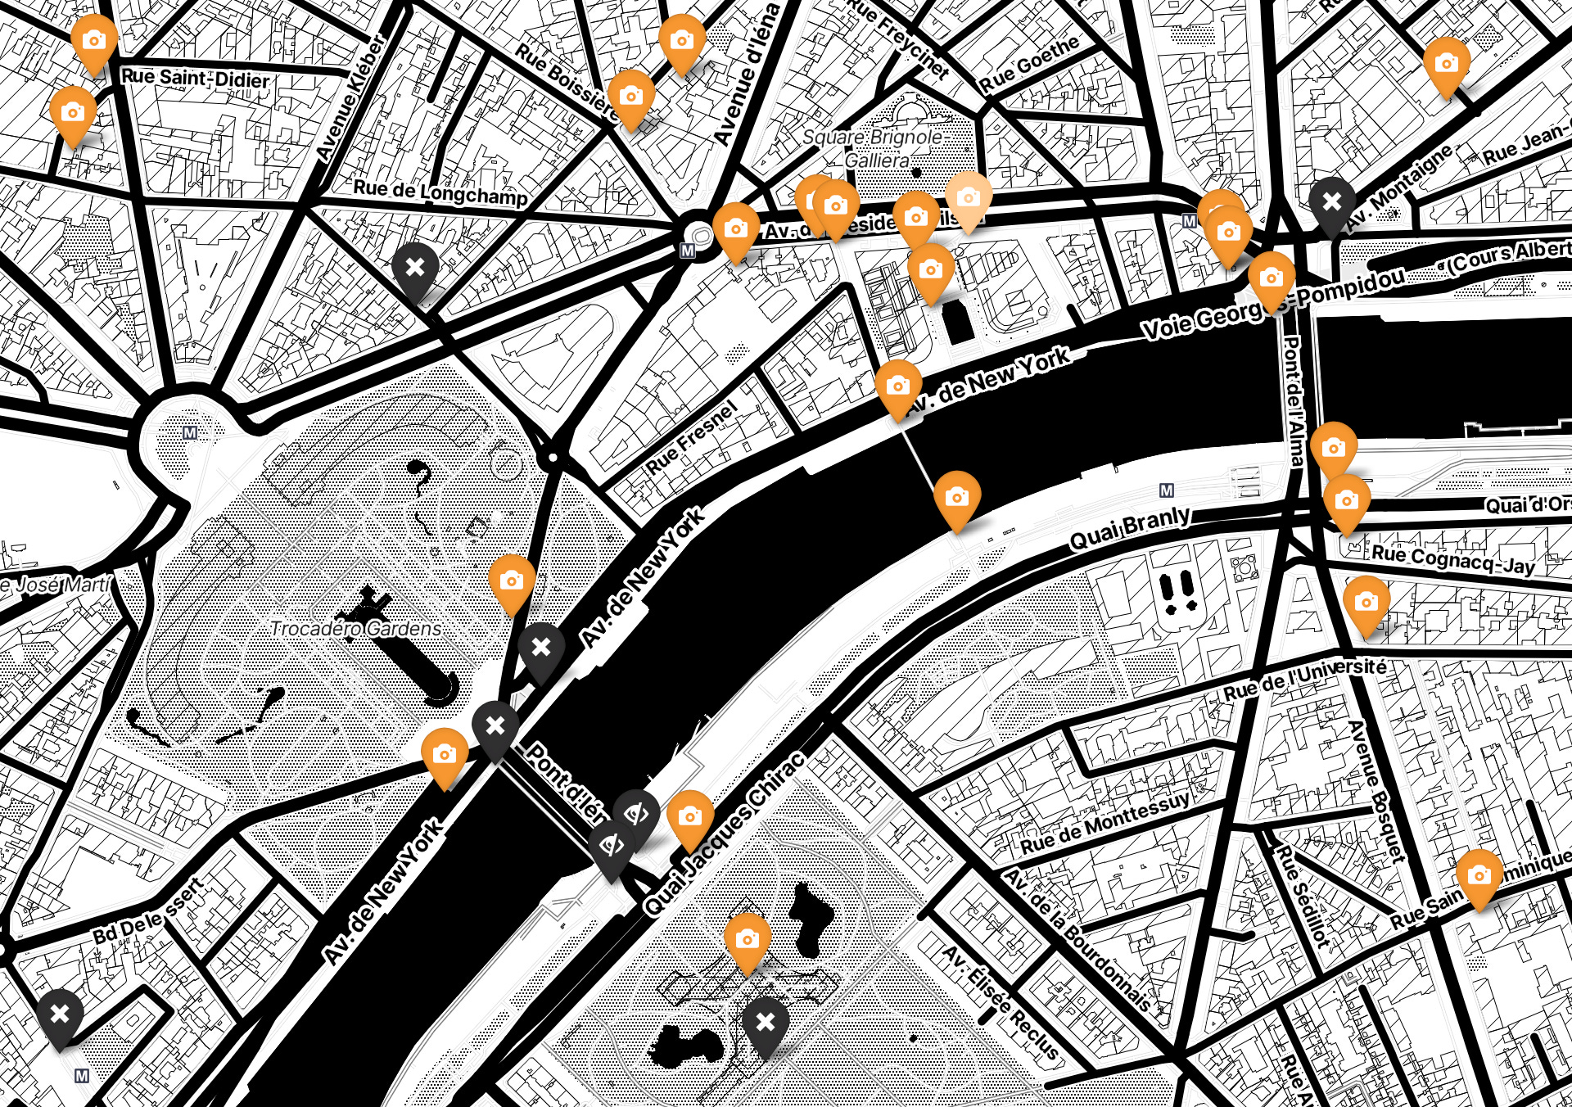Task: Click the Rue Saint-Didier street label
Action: click(195, 79)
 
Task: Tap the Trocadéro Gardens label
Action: click(356, 629)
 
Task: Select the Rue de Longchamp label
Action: click(440, 193)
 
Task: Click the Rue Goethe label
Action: click(1029, 65)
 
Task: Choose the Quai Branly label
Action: click(1130, 527)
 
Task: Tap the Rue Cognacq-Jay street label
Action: click(1453, 560)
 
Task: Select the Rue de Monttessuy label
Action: click(1104, 822)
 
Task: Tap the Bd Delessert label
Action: click(147, 911)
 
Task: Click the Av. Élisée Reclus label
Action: click(1001, 1002)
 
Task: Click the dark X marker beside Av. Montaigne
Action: click(1332, 201)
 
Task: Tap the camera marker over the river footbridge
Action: click(956, 497)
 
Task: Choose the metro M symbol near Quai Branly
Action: click(1167, 490)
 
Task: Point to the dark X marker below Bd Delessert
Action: click(60, 1015)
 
